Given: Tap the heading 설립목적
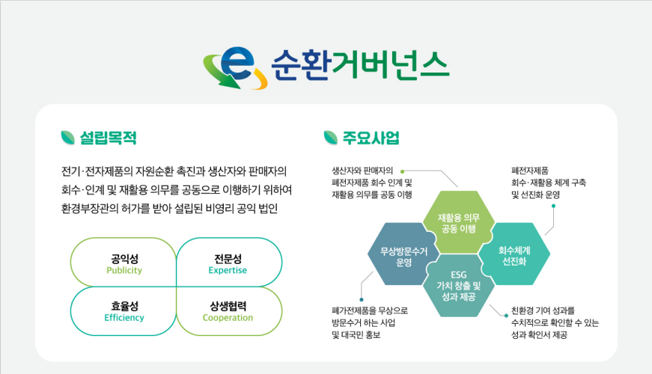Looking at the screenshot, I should pos(109,138).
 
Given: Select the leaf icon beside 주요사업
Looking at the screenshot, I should pos(330,138).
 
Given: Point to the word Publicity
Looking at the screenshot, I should pos(124,271).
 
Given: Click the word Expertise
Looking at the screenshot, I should pos(228,271).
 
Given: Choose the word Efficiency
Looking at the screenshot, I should pos(124,318).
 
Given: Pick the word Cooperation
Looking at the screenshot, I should pos(228,318).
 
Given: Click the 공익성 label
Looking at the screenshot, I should pos(124,258).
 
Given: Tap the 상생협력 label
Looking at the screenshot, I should pos(228,305).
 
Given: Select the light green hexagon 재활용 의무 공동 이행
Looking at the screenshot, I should pos(458,222).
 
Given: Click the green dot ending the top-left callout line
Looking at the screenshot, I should pos(401,171).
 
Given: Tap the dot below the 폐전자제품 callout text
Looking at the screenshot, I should pos(555,209).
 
